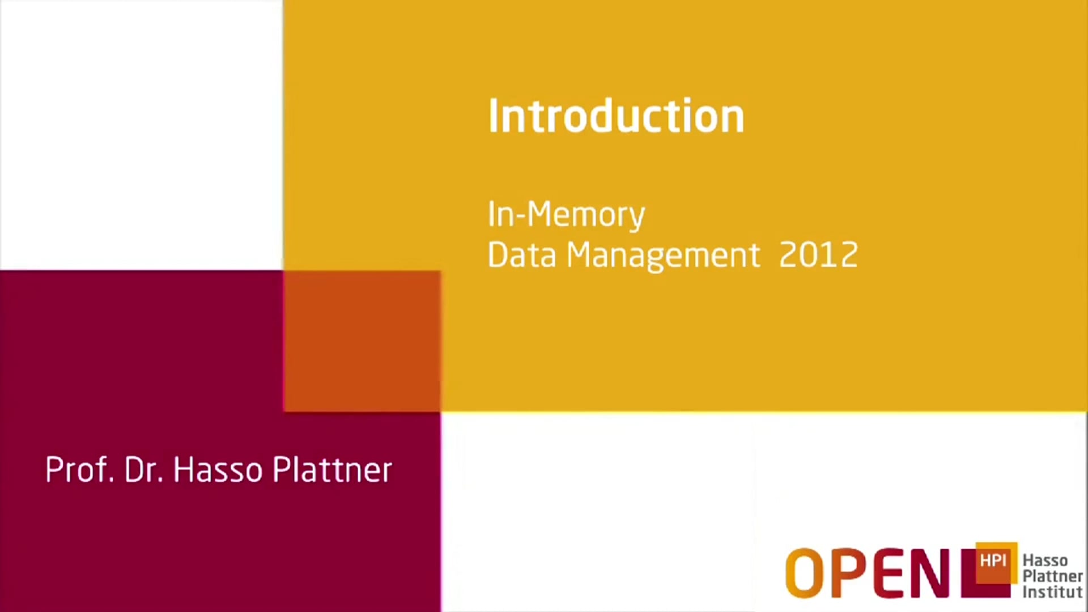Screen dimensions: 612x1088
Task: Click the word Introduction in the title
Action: click(x=616, y=116)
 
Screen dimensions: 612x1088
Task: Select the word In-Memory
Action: click(x=566, y=215)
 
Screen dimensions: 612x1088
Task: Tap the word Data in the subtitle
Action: click(x=522, y=255)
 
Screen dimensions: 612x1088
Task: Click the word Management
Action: click(x=663, y=256)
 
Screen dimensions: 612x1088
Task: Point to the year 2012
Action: click(x=818, y=255)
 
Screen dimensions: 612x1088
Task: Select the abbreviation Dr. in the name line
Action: click(x=143, y=470)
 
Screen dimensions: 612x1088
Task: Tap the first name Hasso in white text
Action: click(x=218, y=470)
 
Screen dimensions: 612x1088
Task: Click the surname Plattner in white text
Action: click(x=332, y=470)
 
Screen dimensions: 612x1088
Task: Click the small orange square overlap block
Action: click(x=362, y=341)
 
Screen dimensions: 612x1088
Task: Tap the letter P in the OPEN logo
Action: click(x=849, y=573)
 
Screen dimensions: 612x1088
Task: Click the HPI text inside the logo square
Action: click(x=993, y=560)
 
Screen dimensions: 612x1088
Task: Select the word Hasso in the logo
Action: click(x=1045, y=560)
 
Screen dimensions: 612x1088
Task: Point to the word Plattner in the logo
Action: click(x=1052, y=576)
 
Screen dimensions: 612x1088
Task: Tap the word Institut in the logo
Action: click(x=1052, y=592)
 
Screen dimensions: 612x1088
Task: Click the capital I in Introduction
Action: click(x=492, y=116)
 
